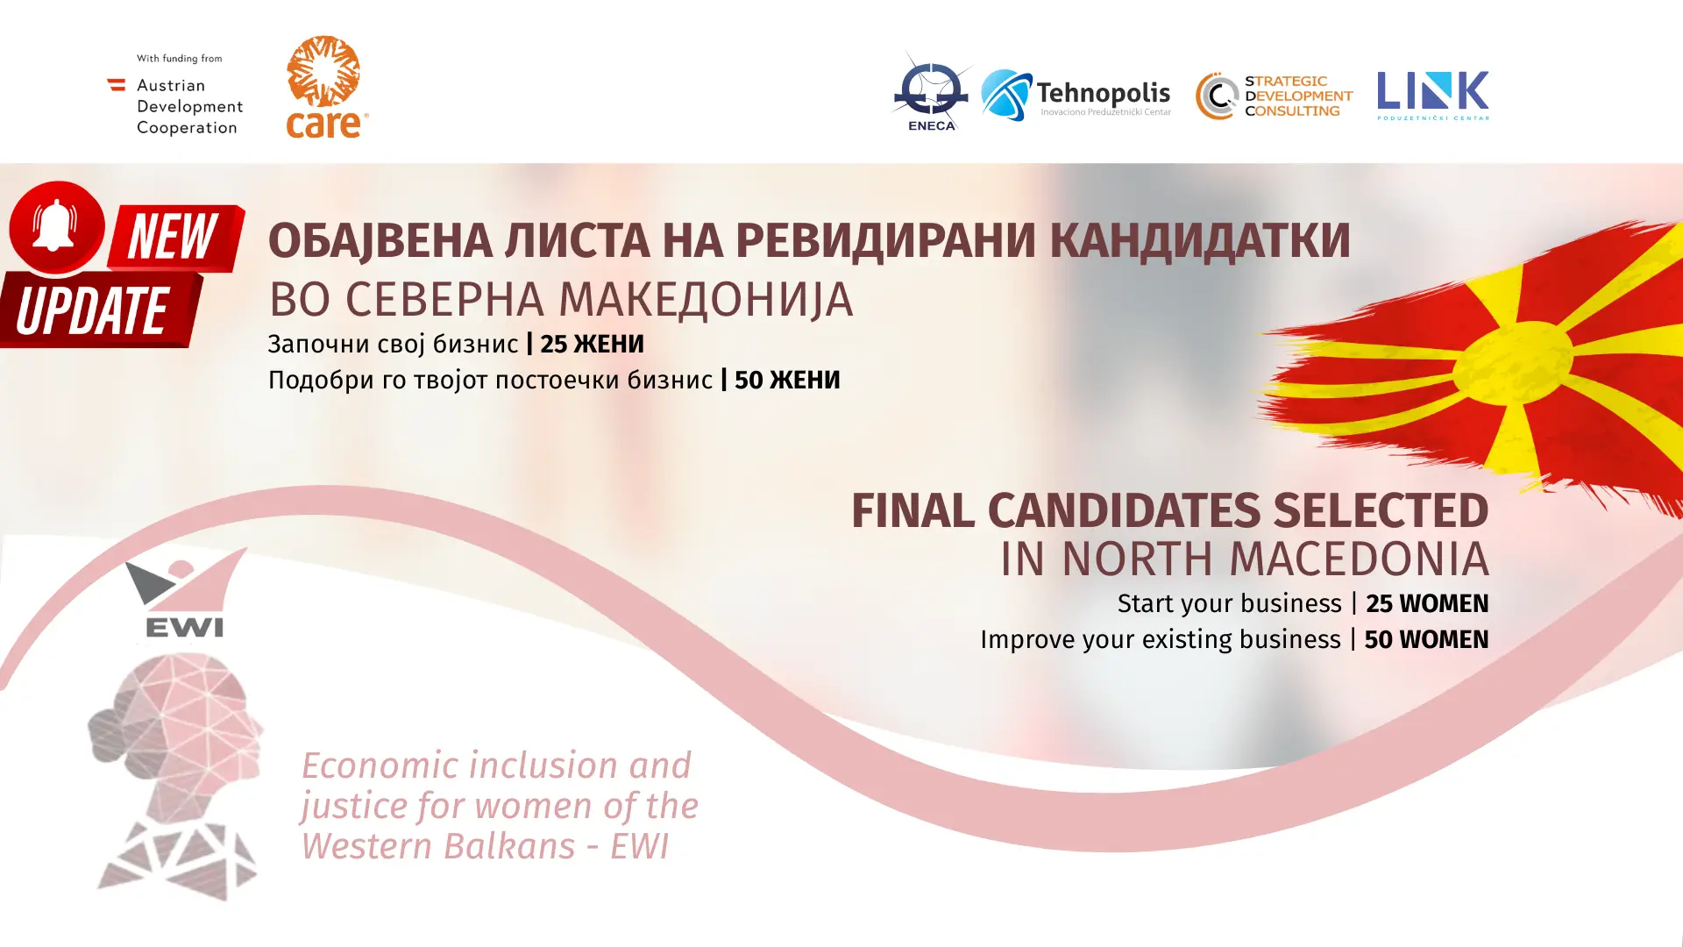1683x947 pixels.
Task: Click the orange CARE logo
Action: pos(326,87)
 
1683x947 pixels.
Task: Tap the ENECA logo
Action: pos(932,91)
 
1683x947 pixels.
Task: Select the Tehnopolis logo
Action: pos(1076,95)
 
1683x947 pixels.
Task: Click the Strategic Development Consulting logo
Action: pos(1274,96)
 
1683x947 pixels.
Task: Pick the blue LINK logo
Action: pos(1432,95)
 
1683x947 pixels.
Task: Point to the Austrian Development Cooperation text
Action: pos(189,106)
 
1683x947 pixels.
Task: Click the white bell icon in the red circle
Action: pos(55,224)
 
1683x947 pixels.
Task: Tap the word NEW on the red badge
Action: pos(172,237)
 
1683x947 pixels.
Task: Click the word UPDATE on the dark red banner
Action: pos(92,310)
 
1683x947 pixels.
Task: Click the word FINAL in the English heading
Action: pos(913,511)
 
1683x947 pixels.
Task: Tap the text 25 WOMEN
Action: pos(1427,603)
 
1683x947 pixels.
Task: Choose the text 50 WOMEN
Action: pos(1426,639)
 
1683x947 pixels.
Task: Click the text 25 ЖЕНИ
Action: pos(592,344)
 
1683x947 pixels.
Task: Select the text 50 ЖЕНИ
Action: pos(787,380)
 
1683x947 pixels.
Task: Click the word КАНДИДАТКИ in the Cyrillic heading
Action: pos(1200,241)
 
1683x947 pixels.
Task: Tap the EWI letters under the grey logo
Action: pos(184,626)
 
